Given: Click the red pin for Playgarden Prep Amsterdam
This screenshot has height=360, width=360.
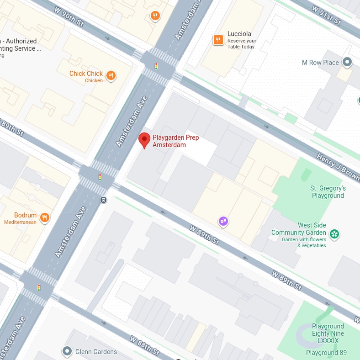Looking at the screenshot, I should click(144, 140).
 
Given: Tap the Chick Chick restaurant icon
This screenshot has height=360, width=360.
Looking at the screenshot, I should click(111, 76).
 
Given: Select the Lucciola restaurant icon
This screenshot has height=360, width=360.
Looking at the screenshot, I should click(218, 40).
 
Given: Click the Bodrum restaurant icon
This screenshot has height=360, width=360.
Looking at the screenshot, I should click(44, 217).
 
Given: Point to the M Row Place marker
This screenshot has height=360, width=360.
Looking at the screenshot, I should click(347, 62).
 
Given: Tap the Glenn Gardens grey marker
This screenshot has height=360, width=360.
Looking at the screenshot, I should click(67, 351).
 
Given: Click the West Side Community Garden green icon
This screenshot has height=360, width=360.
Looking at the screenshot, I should click(334, 234).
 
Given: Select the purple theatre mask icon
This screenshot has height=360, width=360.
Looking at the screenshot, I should click(223, 222).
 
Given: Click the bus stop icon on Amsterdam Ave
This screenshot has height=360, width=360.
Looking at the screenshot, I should click(104, 200).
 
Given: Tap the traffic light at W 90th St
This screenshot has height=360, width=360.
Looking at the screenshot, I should click(156, 66).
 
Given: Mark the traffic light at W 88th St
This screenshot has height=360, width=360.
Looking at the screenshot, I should click(39, 288).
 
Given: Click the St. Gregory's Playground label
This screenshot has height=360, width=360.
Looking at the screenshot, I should click(328, 192).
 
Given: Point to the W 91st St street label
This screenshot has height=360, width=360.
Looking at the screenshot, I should click(326, 15).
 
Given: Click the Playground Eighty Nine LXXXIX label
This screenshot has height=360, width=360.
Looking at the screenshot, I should click(328, 334).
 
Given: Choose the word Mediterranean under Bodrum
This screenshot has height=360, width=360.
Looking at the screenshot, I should click(20, 222).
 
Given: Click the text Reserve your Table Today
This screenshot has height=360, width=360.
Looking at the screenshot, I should click(242, 44).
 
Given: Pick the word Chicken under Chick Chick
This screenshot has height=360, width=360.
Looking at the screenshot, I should click(94, 81).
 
